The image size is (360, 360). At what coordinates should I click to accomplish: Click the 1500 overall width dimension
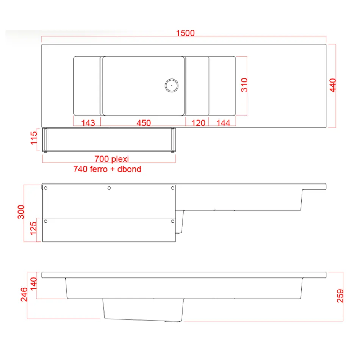pos(185,33)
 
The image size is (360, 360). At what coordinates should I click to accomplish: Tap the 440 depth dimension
pos(333,85)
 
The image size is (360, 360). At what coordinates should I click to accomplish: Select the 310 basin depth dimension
pos(244,85)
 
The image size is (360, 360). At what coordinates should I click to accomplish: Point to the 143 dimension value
pos(88,123)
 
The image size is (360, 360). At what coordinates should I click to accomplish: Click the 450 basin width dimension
pos(144,123)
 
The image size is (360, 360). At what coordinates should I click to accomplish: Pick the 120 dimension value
pos(198,123)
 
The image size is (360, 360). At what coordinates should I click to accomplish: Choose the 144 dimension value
pos(223,123)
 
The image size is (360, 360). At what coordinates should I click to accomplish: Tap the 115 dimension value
pos(34,138)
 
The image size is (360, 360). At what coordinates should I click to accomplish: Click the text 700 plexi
pos(112,159)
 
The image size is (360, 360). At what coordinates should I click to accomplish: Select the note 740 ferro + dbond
pos(107,169)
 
